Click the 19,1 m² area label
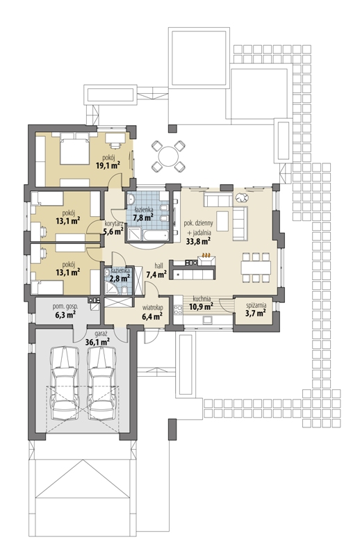(x=108, y=165)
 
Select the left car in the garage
(x=65, y=384)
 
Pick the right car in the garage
(x=101, y=384)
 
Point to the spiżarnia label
(x=256, y=305)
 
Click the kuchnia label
(x=202, y=299)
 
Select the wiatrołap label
(x=152, y=307)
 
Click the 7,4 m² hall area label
(x=157, y=274)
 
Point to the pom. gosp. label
(x=65, y=306)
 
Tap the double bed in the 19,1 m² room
(x=74, y=149)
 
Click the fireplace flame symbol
(x=206, y=254)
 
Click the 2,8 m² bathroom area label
(x=119, y=278)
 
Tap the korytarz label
(x=114, y=224)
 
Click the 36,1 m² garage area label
(x=97, y=341)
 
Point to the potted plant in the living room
(x=243, y=197)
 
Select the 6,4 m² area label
(x=152, y=316)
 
